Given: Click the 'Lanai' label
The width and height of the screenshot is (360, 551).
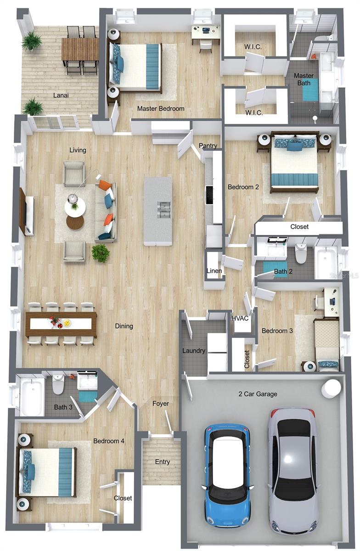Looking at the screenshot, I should click(x=61, y=96).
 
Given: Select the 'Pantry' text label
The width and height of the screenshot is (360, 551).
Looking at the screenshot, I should click(x=208, y=146).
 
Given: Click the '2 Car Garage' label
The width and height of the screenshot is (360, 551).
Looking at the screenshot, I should click(x=258, y=394).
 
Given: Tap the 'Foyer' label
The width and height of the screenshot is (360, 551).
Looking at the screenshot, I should click(x=161, y=404).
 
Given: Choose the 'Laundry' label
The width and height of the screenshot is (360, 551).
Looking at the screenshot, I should click(x=193, y=351).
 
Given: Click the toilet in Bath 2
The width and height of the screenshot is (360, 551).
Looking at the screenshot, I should click(x=301, y=253).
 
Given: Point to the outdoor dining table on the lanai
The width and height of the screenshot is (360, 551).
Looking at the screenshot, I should click(x=80, y=49).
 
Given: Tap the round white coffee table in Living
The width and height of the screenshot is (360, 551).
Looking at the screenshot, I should click(x=74, y=208).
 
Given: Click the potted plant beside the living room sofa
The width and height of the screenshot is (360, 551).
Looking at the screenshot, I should click(x=101, y=253).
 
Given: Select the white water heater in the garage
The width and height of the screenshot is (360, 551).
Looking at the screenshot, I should click(x=331, y=388).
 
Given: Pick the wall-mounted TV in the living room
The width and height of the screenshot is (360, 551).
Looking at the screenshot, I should click(x=22, y=212).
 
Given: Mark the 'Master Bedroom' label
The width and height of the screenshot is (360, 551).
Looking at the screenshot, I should click(x=161, y=109).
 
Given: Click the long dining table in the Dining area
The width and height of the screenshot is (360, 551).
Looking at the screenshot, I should click(x=61, y=323).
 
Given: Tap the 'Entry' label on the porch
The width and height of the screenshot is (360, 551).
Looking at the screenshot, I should click(x=163, y=462).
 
